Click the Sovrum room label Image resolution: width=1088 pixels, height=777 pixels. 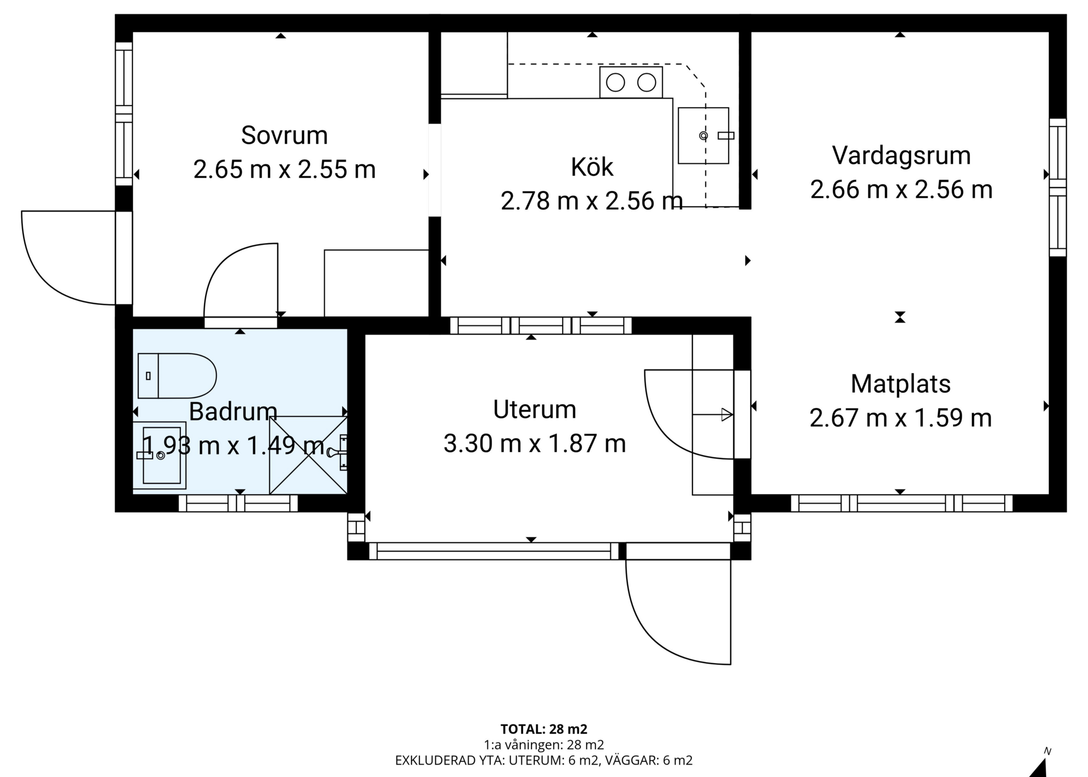click(x=284, y=135)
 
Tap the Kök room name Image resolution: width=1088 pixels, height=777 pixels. click(x=592, y=167)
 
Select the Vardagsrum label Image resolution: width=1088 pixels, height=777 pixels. click(x=901, y=156)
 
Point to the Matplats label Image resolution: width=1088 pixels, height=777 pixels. click(x=900, y=384)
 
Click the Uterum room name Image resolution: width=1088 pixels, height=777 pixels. click(x=534, y=409)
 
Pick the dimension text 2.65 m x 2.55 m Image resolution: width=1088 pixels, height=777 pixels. click(x=284, y=169)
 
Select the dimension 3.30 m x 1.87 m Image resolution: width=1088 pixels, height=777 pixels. click(x=534, y=443)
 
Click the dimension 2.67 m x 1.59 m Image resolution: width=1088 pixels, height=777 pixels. click(x=900, y=418)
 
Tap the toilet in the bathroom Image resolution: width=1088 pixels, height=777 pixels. click(x=177, y=376)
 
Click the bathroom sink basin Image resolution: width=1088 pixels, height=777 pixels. click(x=161, y=455)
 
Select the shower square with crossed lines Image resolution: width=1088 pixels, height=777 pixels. click(x=308, y=455)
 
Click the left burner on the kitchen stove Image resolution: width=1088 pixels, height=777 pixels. click(x=615, y=83)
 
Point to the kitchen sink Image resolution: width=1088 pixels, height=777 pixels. click(x=703, y=135)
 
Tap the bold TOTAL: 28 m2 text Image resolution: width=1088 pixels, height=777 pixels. click(x=543, y=729)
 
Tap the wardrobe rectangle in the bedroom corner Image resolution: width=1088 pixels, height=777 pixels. click(x=376, y=283)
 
